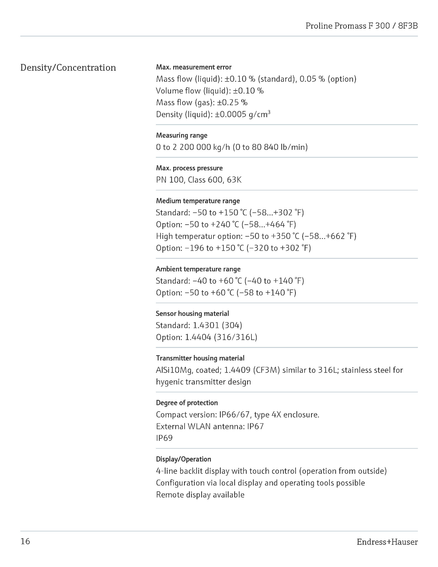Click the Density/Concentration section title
(68, 68)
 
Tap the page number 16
(25, 541)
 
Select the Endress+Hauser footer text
(387, 542)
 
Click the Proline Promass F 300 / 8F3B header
(361, 26)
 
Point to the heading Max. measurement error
(194, 67)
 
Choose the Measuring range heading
(182, 135)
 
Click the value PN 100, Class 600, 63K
(199, 180)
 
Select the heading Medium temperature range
(198, 201)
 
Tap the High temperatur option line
(256, 236)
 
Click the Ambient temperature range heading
(198, 269)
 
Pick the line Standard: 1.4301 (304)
(199, 325)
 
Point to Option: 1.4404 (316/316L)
(206, 337)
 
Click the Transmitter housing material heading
(200, 358)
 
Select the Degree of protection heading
(187, 403)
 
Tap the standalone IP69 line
(164, 438)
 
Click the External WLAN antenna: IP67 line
(210, 426)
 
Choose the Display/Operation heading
(183, 459)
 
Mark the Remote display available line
(200, 495)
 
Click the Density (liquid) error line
(213, 114)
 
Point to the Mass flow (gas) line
(202, 103)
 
